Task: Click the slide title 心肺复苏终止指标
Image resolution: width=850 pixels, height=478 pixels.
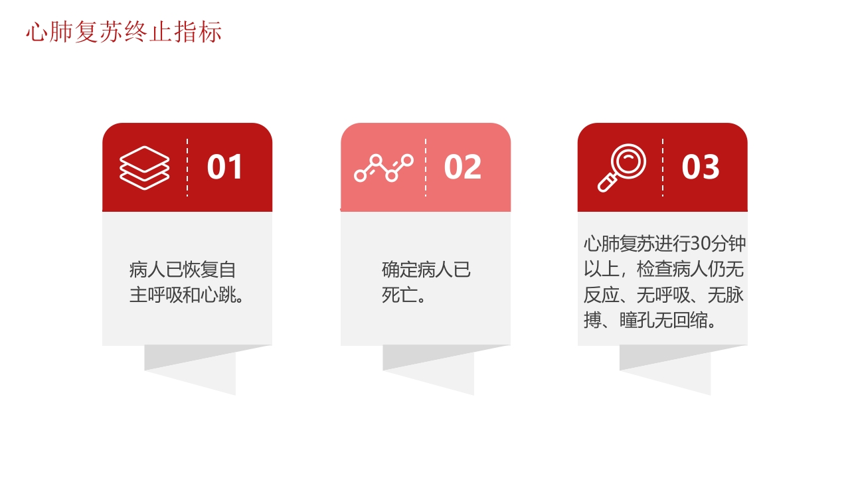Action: (124, 32)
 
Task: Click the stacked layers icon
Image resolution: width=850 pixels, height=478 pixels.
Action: (145, 167)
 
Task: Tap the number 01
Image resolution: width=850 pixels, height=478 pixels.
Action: (225, 167)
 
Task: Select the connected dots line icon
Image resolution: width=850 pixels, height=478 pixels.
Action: (383, 168)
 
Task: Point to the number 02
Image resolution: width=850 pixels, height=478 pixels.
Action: (463, 167)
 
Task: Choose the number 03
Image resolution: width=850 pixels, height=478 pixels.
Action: (701, 167)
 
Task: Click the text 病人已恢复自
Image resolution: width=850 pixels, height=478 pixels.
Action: (183, 270)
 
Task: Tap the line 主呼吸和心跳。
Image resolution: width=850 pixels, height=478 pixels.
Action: (187, 295)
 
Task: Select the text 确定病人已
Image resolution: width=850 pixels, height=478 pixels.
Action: (426, 270)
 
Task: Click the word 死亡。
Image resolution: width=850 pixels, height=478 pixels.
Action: (404, 295)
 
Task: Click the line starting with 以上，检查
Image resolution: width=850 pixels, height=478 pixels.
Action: (663, 270)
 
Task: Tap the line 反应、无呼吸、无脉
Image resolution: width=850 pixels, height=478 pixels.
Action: (663, 295)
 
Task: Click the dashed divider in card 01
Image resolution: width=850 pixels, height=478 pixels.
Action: (187, 167)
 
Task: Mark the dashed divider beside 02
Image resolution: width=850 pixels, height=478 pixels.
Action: (426, 167)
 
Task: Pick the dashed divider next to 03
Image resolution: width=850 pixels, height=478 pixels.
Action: (663, 167)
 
